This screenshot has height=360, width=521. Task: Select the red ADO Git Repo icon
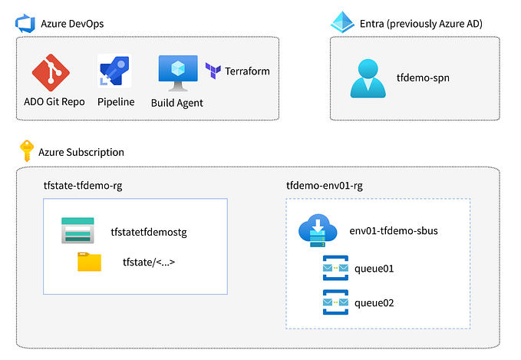(x=51, y=73)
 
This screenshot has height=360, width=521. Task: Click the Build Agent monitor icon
(x=177, y=71)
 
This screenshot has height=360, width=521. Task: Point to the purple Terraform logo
(x=213, y=71)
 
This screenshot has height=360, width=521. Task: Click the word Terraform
(x=247, y=71)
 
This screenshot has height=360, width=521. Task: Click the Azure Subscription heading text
(x=81, y=152)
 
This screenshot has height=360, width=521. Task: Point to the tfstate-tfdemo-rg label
(x=83, y=186)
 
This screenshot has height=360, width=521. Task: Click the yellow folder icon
(x=89, y=262)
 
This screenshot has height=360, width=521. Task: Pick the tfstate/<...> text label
(x=149, y=263)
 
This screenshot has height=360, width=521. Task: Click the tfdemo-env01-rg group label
(x=325, y=186)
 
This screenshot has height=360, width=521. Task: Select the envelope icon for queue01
(x=336, y=269)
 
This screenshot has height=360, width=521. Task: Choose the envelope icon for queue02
(x=336, y=302)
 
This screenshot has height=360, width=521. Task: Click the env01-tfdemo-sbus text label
(x=394, y=231)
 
